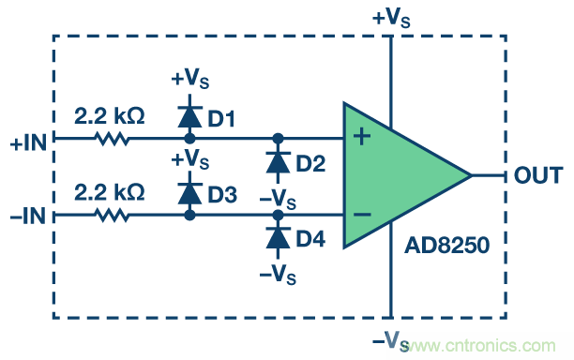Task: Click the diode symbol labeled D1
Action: pos(189,116)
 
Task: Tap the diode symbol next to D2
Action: pos(278,162)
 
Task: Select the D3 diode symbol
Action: pos(189,193)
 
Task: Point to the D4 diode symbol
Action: pos(278,238)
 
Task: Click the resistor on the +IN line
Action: pos(112,139)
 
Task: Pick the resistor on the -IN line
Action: pos(112,215)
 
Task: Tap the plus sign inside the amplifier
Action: pos(362,137)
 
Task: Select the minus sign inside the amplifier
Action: pos(362,215)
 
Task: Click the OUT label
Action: pos(538,175)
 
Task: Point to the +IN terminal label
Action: pos(28,142)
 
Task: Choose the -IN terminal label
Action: pos(28,216)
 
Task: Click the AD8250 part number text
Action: pos(447,245)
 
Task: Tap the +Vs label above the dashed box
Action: pos(391,18)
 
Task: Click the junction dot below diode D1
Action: pos(189,139)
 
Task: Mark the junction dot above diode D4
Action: pos(278,215)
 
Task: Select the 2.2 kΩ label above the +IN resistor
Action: pos(110,116)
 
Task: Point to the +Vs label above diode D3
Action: pos(190,159)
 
